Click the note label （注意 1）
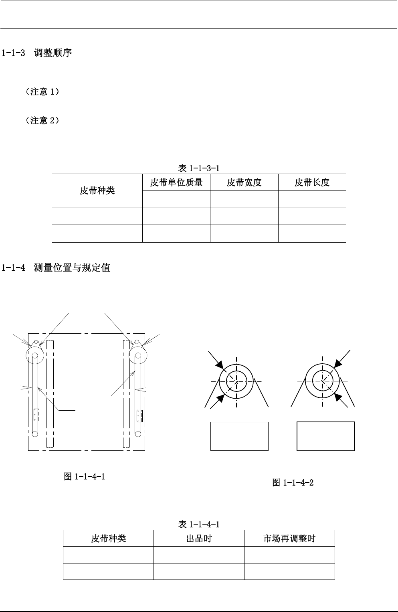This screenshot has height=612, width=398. (42, 92)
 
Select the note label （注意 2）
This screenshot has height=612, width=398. (42, 120)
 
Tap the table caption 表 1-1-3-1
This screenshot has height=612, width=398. (198, 168)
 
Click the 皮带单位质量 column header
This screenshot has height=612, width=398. (176, 182)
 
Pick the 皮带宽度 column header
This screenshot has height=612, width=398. (244, 182)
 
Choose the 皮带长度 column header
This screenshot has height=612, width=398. (312, 182)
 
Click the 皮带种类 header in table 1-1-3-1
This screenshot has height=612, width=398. (97, 190)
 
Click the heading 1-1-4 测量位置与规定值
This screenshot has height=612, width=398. (56, 267)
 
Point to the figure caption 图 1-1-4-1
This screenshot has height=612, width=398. (85, 476)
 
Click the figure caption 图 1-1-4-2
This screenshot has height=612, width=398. (293, 482)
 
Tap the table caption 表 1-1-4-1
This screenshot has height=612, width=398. (198, 524)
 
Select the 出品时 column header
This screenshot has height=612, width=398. (199, 538)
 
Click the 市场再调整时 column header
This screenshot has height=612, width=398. (289, 538)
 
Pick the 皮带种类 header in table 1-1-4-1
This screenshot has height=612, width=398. (108, 538)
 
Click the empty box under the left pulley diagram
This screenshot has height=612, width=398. (239, 436)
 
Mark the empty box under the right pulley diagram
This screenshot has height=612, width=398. (325, 436)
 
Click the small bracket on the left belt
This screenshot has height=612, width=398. (36, 415)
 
